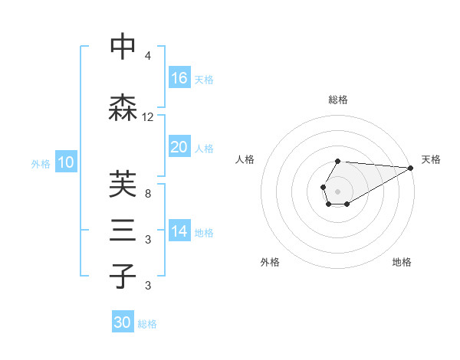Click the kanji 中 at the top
[123, 47]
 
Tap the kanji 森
[123, 108]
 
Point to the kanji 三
[123, 231]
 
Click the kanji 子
[123, 276]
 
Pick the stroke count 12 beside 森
[148, 117]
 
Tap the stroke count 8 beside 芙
[148, 193]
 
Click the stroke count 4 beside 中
[148, 57]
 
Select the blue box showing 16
[179, 78]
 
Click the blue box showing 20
[179, 147]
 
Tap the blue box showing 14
[179, 231]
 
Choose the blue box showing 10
[66, 162]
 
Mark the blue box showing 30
[123, 323]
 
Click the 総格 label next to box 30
[147, 324]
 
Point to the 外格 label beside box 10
[41, 163]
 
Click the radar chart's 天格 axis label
[431, 159]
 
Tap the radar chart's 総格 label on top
[338, 100]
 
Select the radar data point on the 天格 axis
[411, 168]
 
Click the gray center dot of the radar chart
[337, 190]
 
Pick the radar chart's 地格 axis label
[402, 262]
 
